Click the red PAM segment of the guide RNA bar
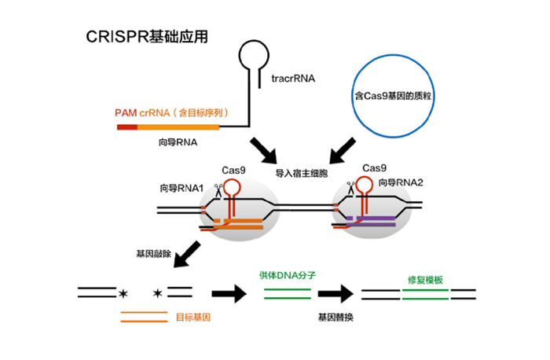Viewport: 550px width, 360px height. pyautogui.click(x=126, y=126)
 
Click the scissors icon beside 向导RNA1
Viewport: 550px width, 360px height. pyautogui.click(x=218, y=188)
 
